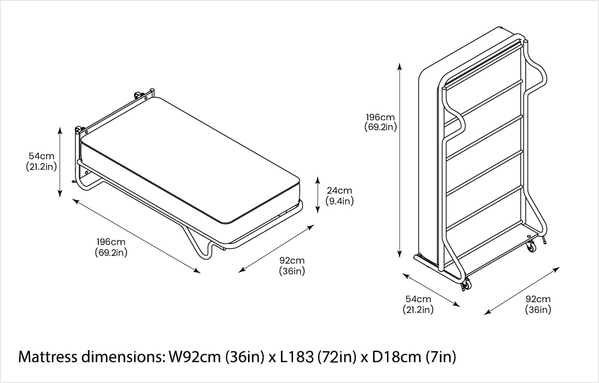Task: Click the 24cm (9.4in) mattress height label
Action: click(x=340, y=196)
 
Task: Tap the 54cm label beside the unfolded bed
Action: click(x=41, y=161)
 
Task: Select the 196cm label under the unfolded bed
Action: click(x=111, y=247)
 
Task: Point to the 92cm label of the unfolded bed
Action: click(x=292, y=266)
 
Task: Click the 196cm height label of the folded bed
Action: click(x=380, y=121)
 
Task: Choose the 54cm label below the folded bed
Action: click(x=418, y=304)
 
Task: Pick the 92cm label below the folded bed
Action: click(x=538, y=304)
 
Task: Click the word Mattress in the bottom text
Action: click(x=48, y=357)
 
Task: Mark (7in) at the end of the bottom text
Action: click(x=441, y=357)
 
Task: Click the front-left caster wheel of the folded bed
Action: click(x=465, y=286)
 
